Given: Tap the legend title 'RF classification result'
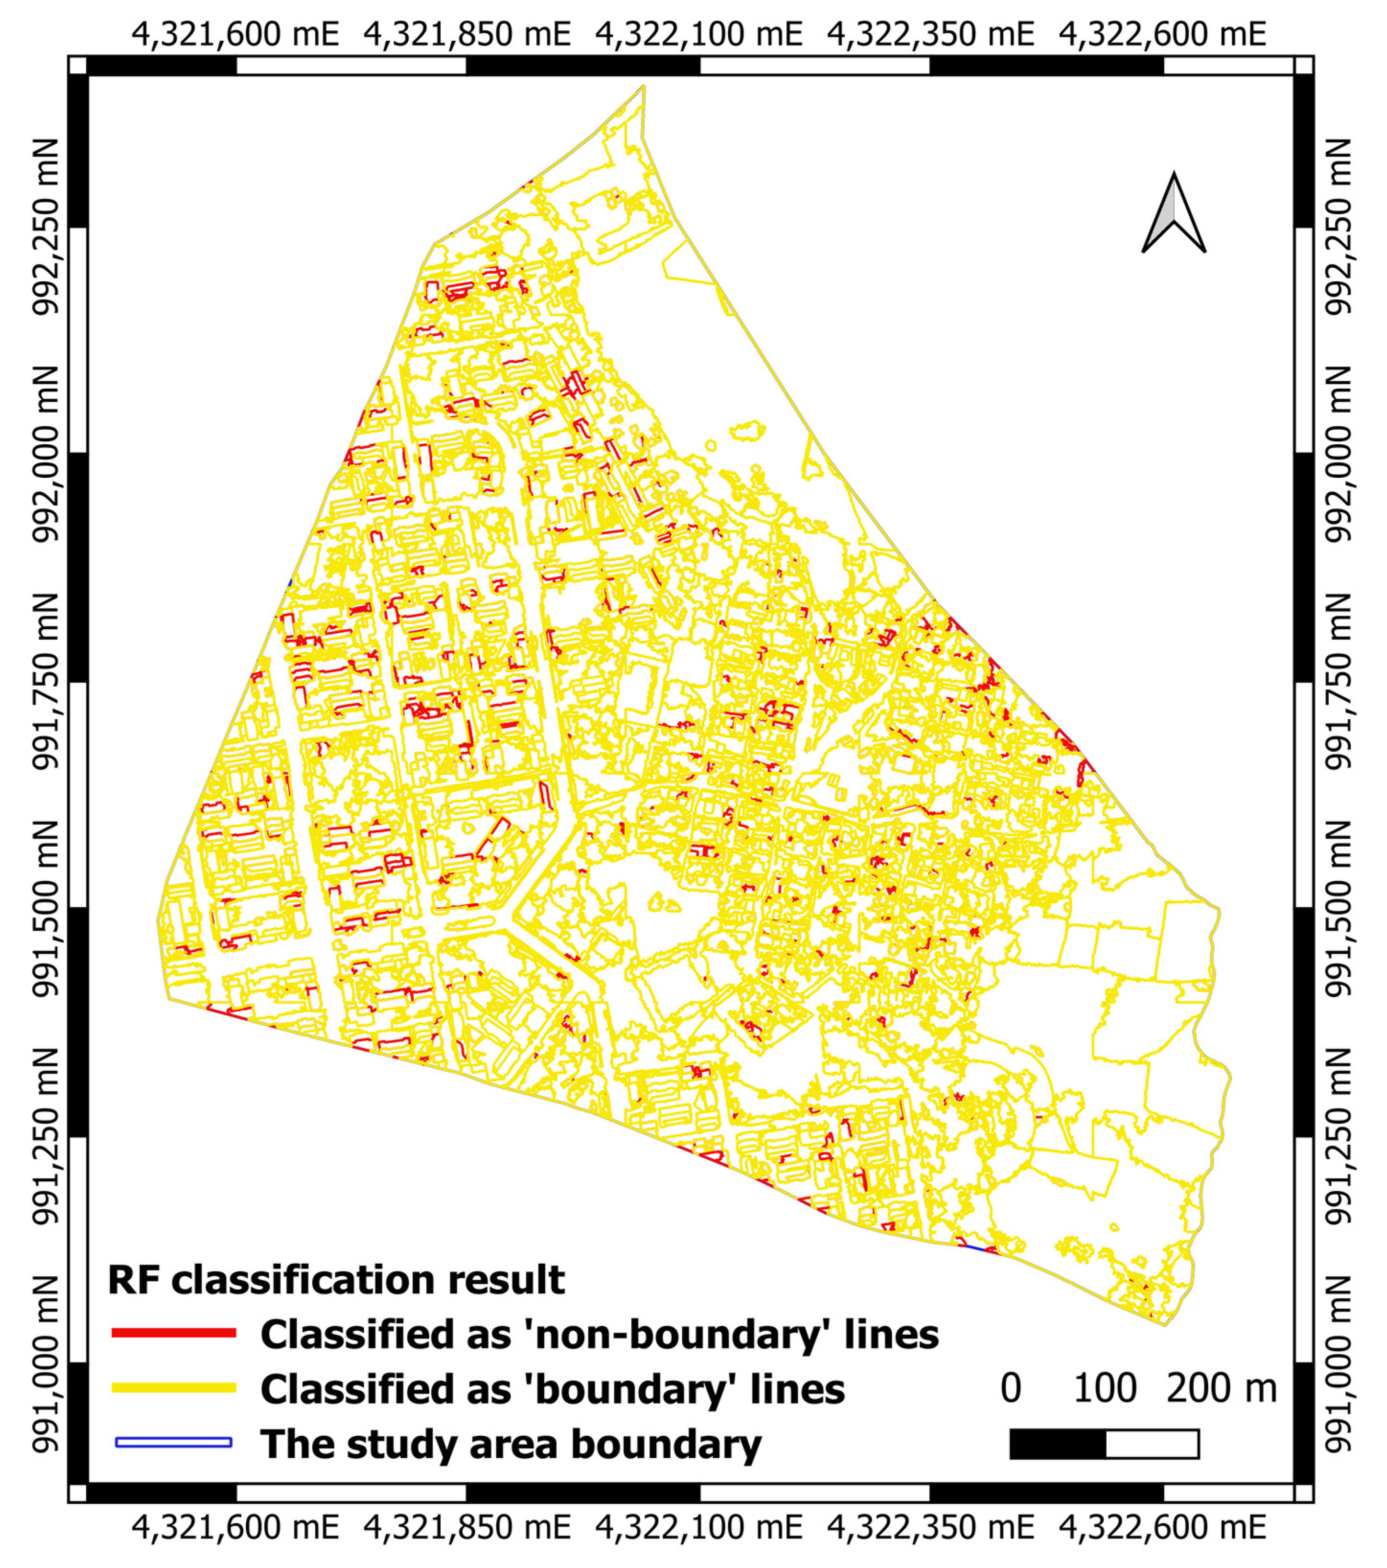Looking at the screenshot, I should point(336,1280).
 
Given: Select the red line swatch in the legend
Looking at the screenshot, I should point(173,1333).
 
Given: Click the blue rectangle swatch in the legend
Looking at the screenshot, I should point(173,1442).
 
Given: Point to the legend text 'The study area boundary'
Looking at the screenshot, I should point(510,1444).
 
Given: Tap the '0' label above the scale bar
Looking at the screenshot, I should point(1010,1388).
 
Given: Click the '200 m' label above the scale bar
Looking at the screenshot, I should point(1221,1388).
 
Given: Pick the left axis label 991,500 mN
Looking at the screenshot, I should point(46,909).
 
